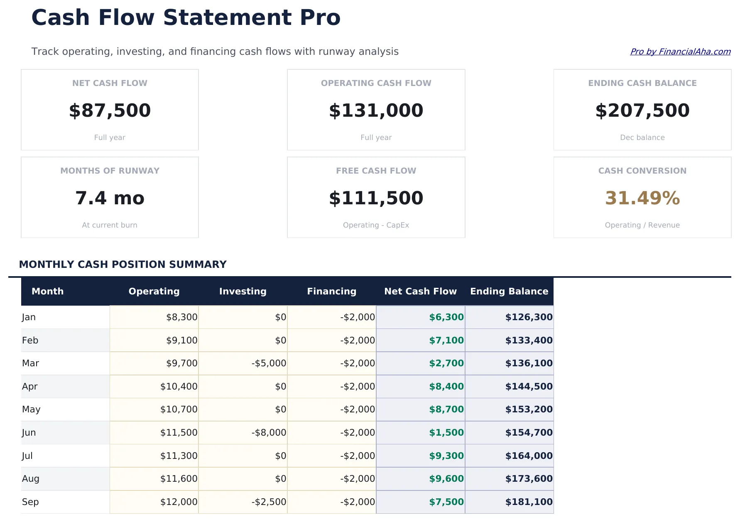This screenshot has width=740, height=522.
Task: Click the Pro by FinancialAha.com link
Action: click(680, 51)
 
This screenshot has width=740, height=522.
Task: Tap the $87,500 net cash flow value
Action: click(110, 110)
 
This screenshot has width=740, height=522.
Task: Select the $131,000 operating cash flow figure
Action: click(376, 110)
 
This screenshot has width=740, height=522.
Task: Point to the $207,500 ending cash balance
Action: click(642, 110)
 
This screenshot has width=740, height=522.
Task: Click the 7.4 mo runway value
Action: click(110, 198)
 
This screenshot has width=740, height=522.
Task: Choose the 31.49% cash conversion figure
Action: click(642, 198)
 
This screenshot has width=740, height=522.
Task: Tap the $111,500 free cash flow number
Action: click(376, 198)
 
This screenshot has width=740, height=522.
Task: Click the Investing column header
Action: click(243, 291)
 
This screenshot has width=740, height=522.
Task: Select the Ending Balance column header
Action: click(509, 291)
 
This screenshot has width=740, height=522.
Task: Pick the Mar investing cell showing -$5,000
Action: click(269, 363)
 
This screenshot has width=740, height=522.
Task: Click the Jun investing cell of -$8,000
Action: click(269, 433)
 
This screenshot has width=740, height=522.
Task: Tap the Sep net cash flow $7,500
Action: click(446, 502)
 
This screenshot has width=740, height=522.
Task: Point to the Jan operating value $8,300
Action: click(181, 317)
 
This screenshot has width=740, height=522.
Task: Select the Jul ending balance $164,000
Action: click(529, 456)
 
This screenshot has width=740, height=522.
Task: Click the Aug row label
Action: click(31, 479)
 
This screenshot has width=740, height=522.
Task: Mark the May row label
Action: click(31, 409)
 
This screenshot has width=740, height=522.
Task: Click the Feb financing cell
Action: click(357, 341)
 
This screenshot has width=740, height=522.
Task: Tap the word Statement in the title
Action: click(228, 18)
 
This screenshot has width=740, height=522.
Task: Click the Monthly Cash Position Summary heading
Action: click(123, 265)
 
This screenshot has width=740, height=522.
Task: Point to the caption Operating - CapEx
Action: click(376, 225)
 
